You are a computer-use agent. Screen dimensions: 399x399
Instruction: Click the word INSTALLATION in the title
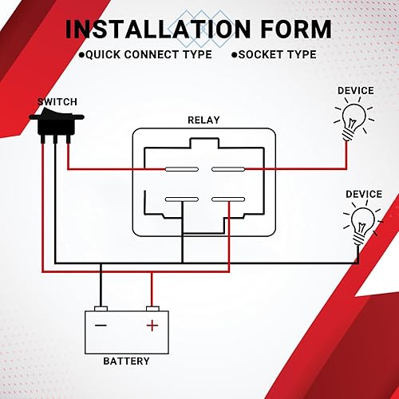click(x=159, y=30)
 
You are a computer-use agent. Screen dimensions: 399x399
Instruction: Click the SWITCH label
click(x=57, y=103)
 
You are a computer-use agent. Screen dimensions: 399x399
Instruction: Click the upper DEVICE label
click(x=355, y=91)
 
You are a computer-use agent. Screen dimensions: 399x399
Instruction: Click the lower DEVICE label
click(x=363, y=194)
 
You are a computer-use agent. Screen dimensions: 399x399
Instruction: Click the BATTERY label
click(x=126, y=361)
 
